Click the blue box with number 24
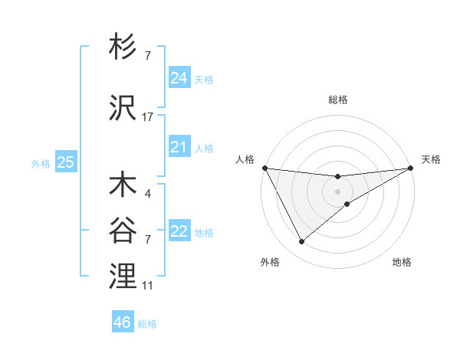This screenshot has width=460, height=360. tap(179, 78)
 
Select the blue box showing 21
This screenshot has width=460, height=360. tap(179, 147)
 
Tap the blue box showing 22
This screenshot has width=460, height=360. tap(179, 231)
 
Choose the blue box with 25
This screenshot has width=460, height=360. tap(66, 162)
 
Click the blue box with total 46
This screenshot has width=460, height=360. tap(123, 322)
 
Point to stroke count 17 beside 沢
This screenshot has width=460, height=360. tap(148, 117)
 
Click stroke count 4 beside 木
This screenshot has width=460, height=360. tap(147, 194)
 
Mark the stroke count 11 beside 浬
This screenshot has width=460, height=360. tap(148, 286)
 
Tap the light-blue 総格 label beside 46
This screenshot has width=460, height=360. tap(148, 324)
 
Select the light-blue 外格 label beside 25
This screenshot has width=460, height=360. tap(41, 163)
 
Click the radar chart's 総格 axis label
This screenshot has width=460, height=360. tap(338, 100)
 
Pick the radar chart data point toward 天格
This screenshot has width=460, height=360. tap(411, 169)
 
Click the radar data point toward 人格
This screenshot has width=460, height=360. tap(264, 168)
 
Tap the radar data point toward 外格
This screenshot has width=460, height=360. tap(301, 242)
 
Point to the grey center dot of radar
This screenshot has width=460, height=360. tap(338, 191)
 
